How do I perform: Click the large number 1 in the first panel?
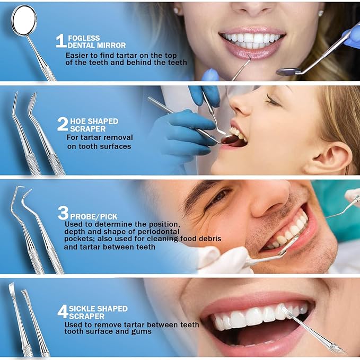pos(60,41)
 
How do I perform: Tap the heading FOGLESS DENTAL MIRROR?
pos(96,41)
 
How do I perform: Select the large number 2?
pos(62,124)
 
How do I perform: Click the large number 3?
pos(63,213)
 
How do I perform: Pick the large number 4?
pos(62,311)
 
